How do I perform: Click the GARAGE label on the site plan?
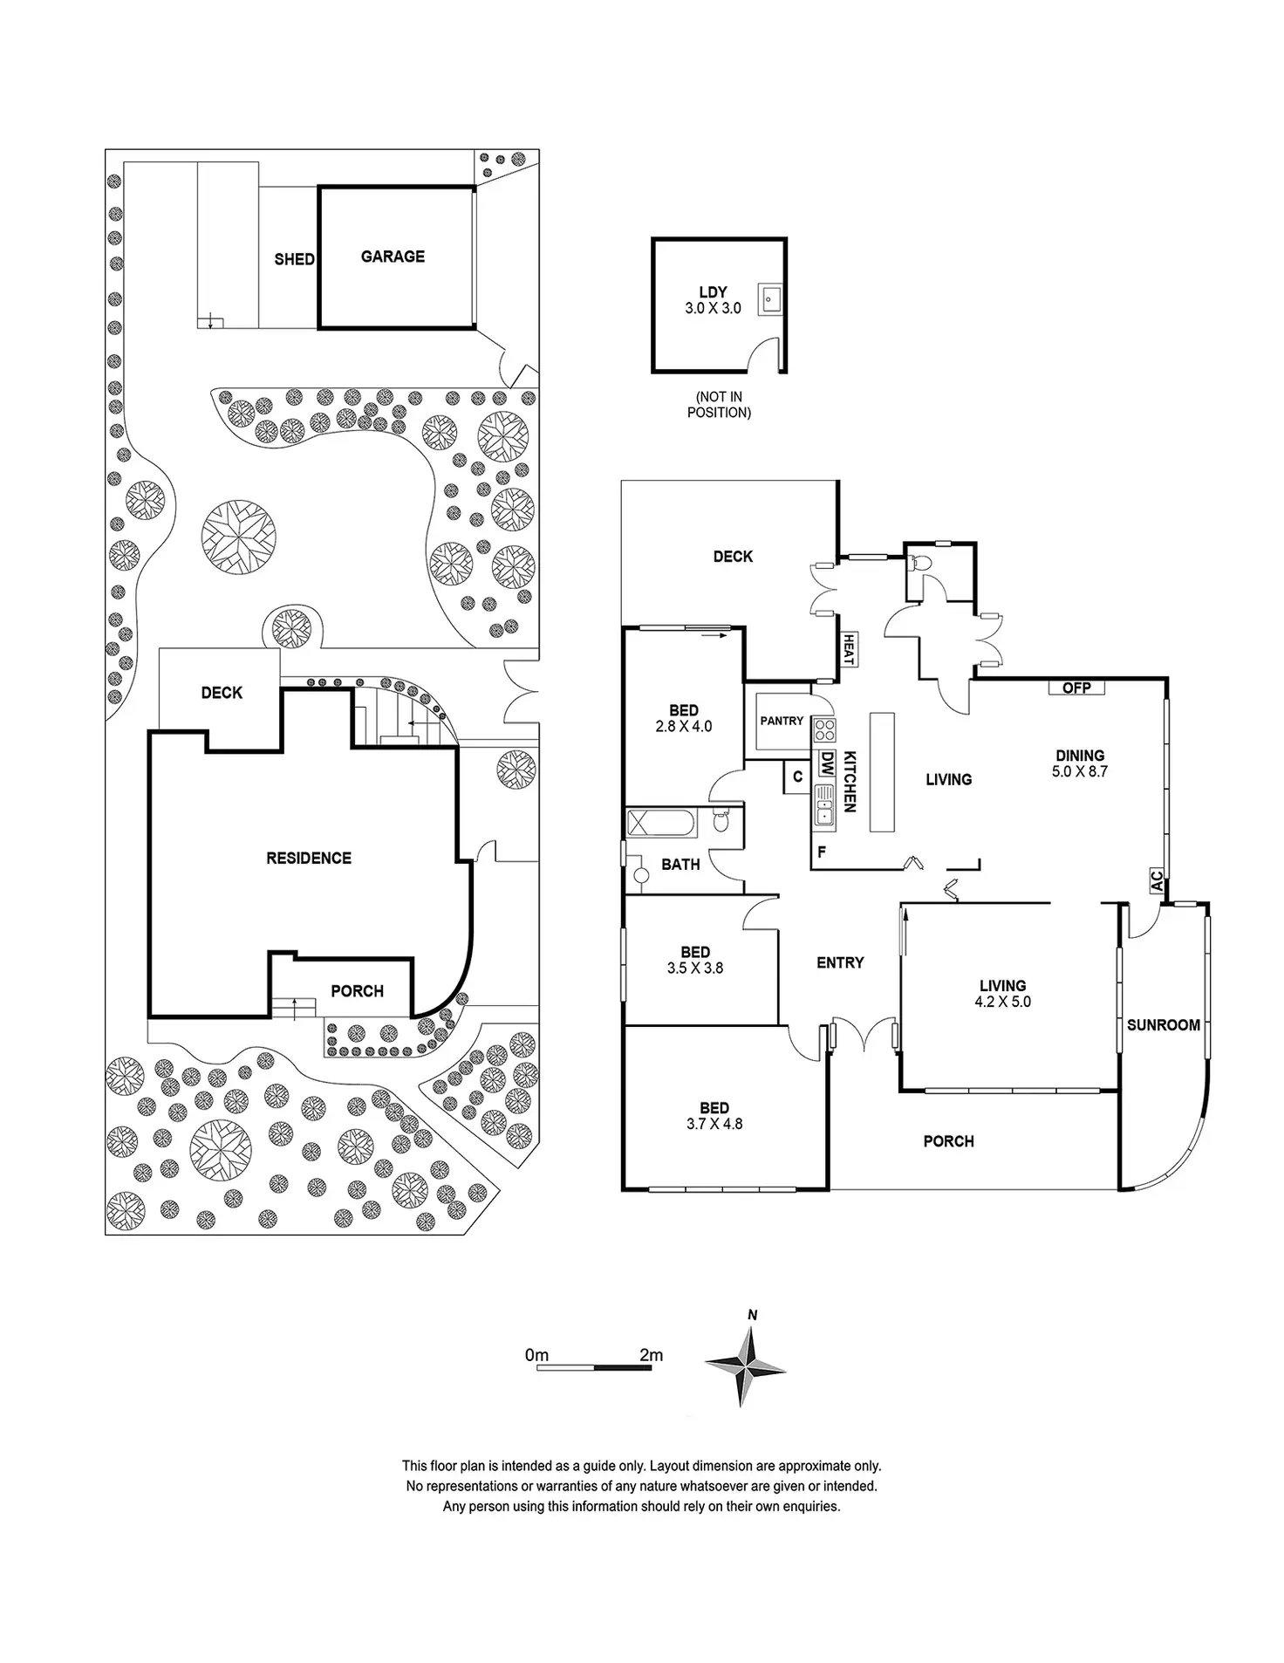393,257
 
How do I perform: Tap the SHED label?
294,259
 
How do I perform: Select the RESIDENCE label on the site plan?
309,859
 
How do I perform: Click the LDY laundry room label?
713,292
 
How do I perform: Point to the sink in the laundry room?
768,299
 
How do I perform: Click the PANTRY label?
782,721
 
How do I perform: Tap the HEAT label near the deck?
846,648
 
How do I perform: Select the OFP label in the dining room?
1076,688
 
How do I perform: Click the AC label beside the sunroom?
1157,880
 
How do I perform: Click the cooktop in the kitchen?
824,730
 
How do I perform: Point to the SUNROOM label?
1163,1025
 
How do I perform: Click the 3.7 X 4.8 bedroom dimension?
714,1124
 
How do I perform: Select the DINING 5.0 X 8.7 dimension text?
1080,771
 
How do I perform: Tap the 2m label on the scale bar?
651,1355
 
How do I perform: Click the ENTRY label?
840,962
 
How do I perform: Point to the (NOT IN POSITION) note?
719,405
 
